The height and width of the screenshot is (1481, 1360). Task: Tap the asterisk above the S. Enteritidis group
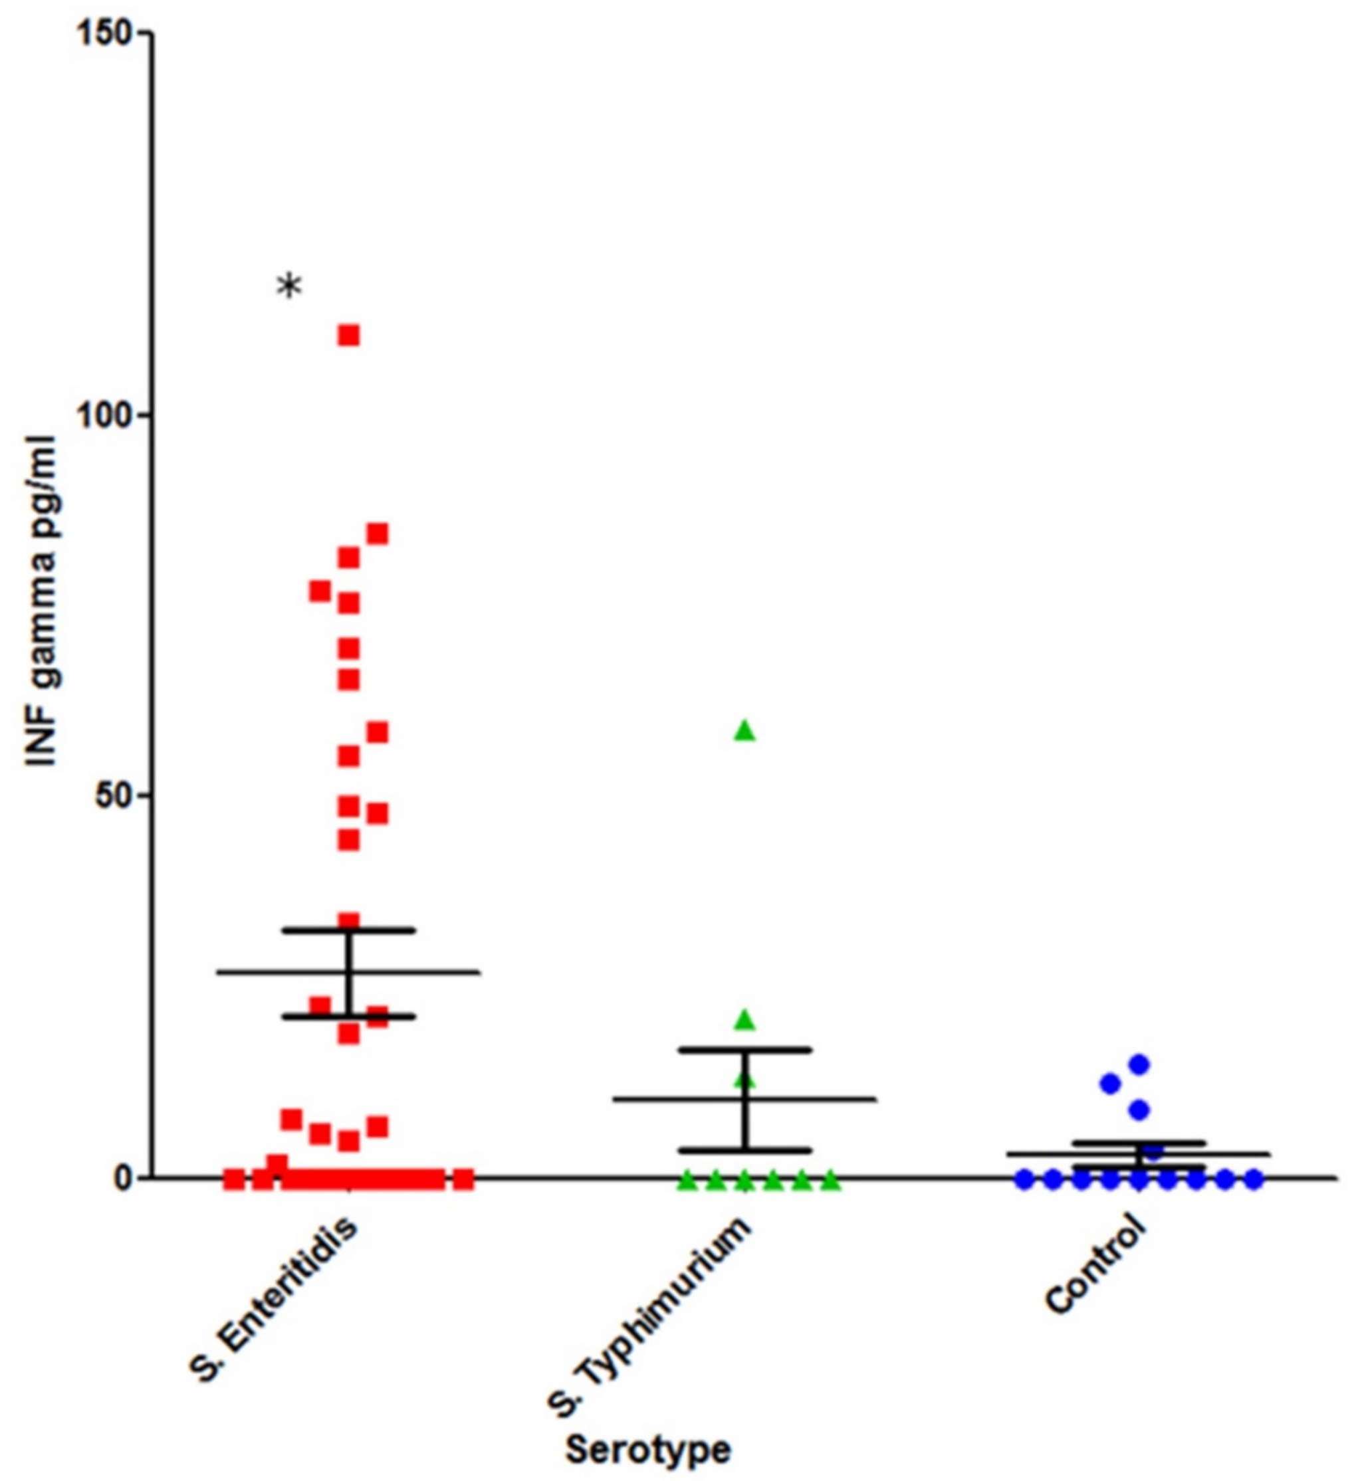[x=289, y=286]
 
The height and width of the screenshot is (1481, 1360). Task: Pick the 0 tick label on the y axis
[x=125, y=1179]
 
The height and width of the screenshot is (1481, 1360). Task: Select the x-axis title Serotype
[x=647, y=1450]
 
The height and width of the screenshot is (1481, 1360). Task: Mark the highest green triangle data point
[x=744, y=730]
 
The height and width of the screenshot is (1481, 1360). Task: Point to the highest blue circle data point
[x=1139, y=1064]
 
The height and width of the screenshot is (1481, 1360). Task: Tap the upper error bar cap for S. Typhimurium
[x=744, y=1049]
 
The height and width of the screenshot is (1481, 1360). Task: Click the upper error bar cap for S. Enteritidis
[x=349, y=931]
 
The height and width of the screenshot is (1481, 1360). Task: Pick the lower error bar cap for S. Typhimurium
[x=744, y=1150]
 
